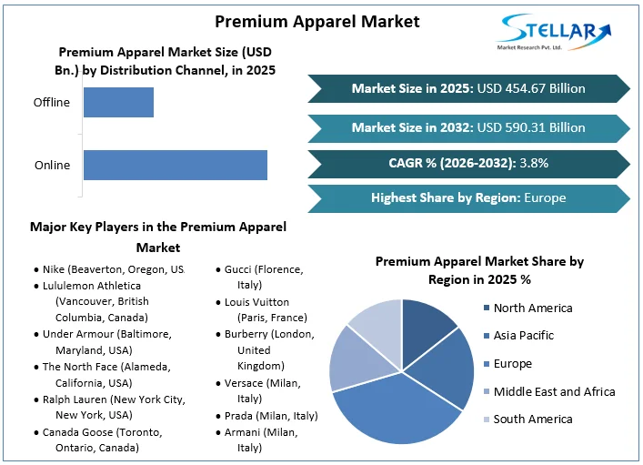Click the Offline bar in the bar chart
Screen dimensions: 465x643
click(x=118, y=102)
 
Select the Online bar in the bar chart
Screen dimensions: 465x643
click(x=175, y=165)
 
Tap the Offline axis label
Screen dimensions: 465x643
click(x=52, y=103)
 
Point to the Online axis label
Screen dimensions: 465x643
click(x=52, y=166)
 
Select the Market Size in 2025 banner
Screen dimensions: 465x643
click(x=467, y=89)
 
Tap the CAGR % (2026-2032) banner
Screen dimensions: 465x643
click(x=467, y=163)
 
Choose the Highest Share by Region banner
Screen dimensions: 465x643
click(x=467, y=197)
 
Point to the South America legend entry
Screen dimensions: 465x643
click(x=533, y=420)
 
